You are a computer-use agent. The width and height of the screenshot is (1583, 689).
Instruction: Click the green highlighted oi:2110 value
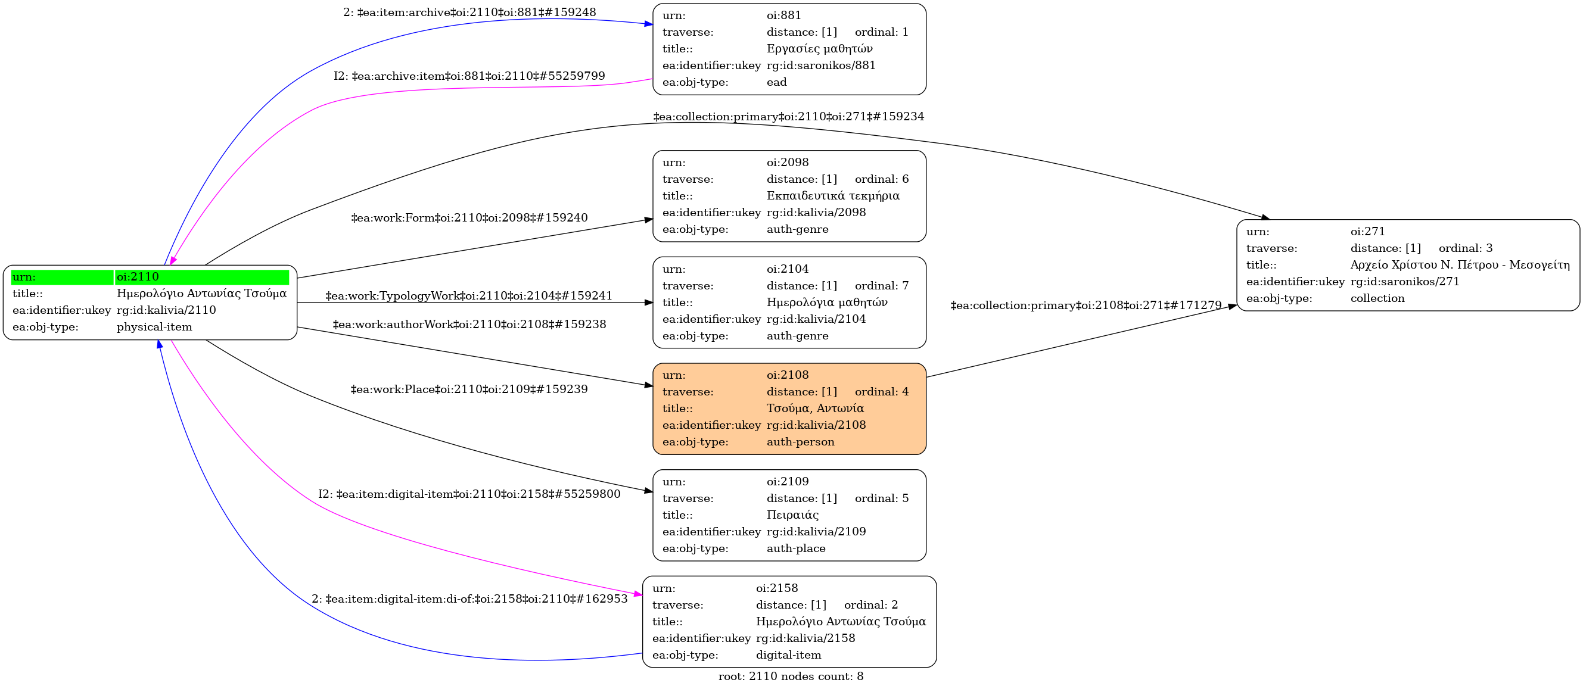201,277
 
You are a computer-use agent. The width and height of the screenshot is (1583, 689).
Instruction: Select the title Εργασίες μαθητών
819,48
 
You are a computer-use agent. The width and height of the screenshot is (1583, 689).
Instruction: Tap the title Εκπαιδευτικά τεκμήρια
833,196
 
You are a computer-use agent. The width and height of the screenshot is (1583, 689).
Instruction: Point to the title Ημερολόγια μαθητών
826,302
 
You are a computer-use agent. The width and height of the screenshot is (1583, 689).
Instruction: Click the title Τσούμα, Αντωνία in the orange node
815,409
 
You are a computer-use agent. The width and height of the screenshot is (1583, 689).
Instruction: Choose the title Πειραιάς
792,515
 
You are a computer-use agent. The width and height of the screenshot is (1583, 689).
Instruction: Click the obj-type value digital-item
788,655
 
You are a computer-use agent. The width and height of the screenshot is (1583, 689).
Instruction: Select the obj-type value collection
1377,298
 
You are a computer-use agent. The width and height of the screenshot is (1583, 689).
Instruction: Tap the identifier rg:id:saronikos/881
821,65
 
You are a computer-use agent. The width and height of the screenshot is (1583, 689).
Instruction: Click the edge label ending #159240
469,218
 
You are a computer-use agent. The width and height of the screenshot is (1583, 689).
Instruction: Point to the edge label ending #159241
469,296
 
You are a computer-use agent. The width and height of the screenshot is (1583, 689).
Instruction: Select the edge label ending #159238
469,324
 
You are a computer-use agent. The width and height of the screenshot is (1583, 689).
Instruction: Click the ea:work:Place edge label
469,389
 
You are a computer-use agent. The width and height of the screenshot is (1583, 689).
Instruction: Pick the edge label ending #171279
1086,305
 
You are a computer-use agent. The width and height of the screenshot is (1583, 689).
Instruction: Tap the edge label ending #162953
469,598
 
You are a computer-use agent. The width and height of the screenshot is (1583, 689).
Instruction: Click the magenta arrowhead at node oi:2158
639,594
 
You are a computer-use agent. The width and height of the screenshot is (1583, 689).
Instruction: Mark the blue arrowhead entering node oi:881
648,24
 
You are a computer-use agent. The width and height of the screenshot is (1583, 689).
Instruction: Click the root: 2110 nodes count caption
790,676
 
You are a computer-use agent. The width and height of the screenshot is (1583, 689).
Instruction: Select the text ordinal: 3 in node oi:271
1465,248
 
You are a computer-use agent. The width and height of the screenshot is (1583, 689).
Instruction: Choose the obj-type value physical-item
154,328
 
